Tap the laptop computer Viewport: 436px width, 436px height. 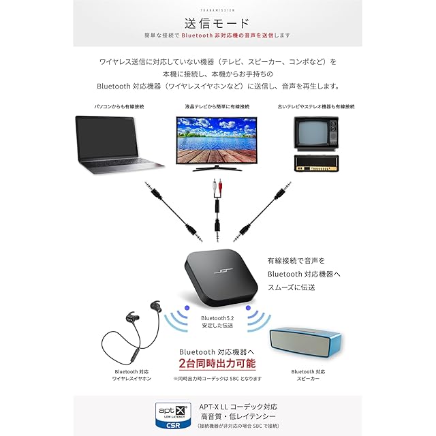pos(119,144)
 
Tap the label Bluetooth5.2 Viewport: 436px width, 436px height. pos(217,318)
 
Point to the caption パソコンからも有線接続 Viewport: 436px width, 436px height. pos(119,107)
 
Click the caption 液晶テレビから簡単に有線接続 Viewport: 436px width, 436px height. pos(217,107)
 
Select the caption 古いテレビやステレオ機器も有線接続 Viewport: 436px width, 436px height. pos(315,107)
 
